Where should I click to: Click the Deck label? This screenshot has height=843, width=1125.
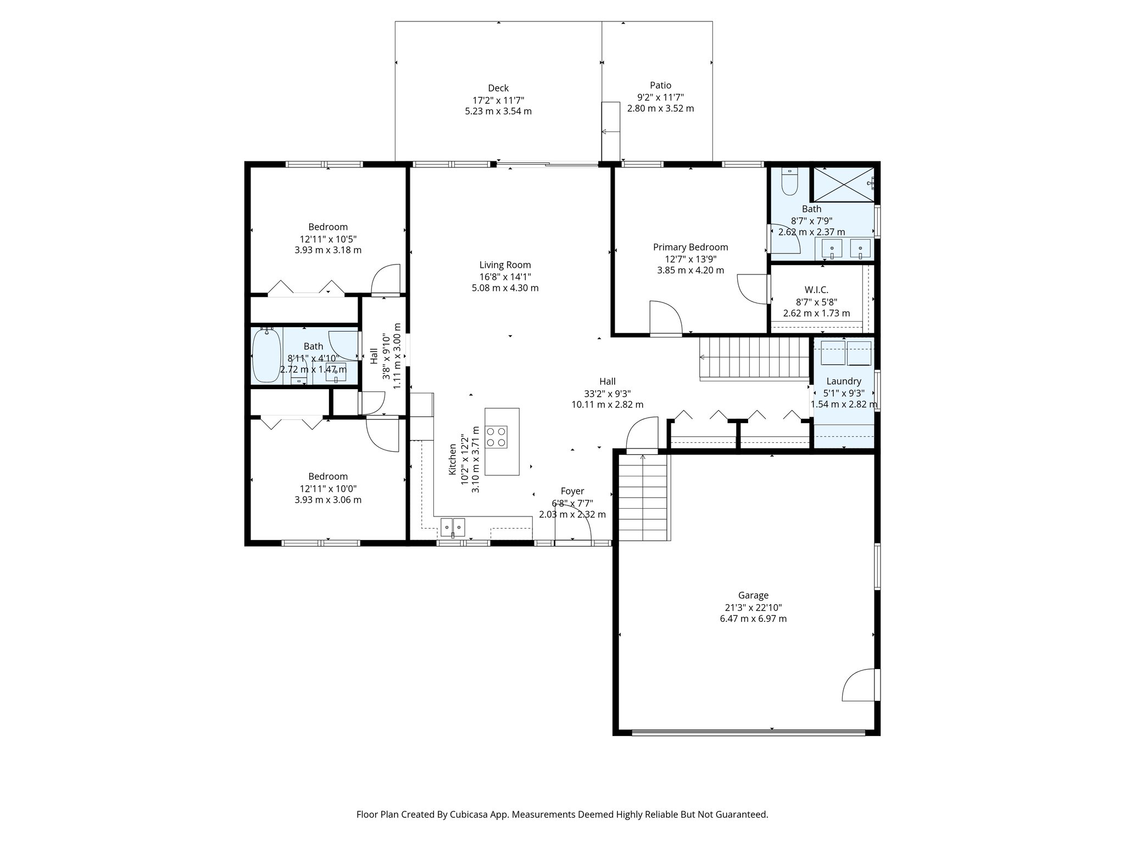(x=498, y=88)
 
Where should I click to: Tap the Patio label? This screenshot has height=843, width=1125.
(x=660, y=85)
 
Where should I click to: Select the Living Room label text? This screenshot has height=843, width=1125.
(x=505, y=265)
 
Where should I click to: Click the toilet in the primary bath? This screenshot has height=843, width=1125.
(x=789, y=183)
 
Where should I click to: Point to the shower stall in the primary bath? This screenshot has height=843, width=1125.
(x=843, y=184)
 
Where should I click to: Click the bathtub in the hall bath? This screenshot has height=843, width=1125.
(x=266, y=355)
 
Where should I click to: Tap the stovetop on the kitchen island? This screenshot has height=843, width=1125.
(x=496, y=437)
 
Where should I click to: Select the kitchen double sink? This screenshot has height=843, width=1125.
(x=452, y=527)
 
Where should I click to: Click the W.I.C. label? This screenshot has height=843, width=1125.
(x=816, y=290)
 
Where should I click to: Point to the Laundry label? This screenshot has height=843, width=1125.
(x=843, y=381)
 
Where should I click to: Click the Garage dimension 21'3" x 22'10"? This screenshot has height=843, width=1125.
(x=753, y=608)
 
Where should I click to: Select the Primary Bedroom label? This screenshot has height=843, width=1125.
(x=690, y=247)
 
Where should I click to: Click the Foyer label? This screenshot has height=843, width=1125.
(x=572, y=491)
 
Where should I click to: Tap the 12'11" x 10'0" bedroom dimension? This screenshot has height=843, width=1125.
(x=328, y=488)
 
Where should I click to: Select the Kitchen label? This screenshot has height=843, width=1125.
(x=453, y=459)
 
